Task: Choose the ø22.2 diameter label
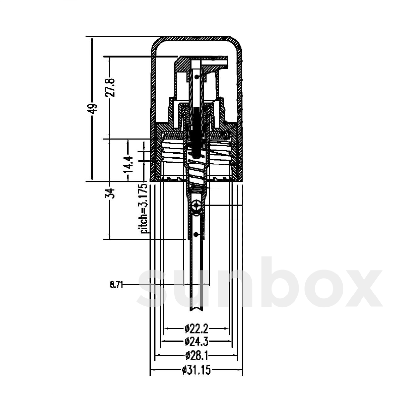(x=196, y=328)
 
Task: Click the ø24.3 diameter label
(x=196, y=342)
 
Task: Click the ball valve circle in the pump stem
(x=196, y=206)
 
